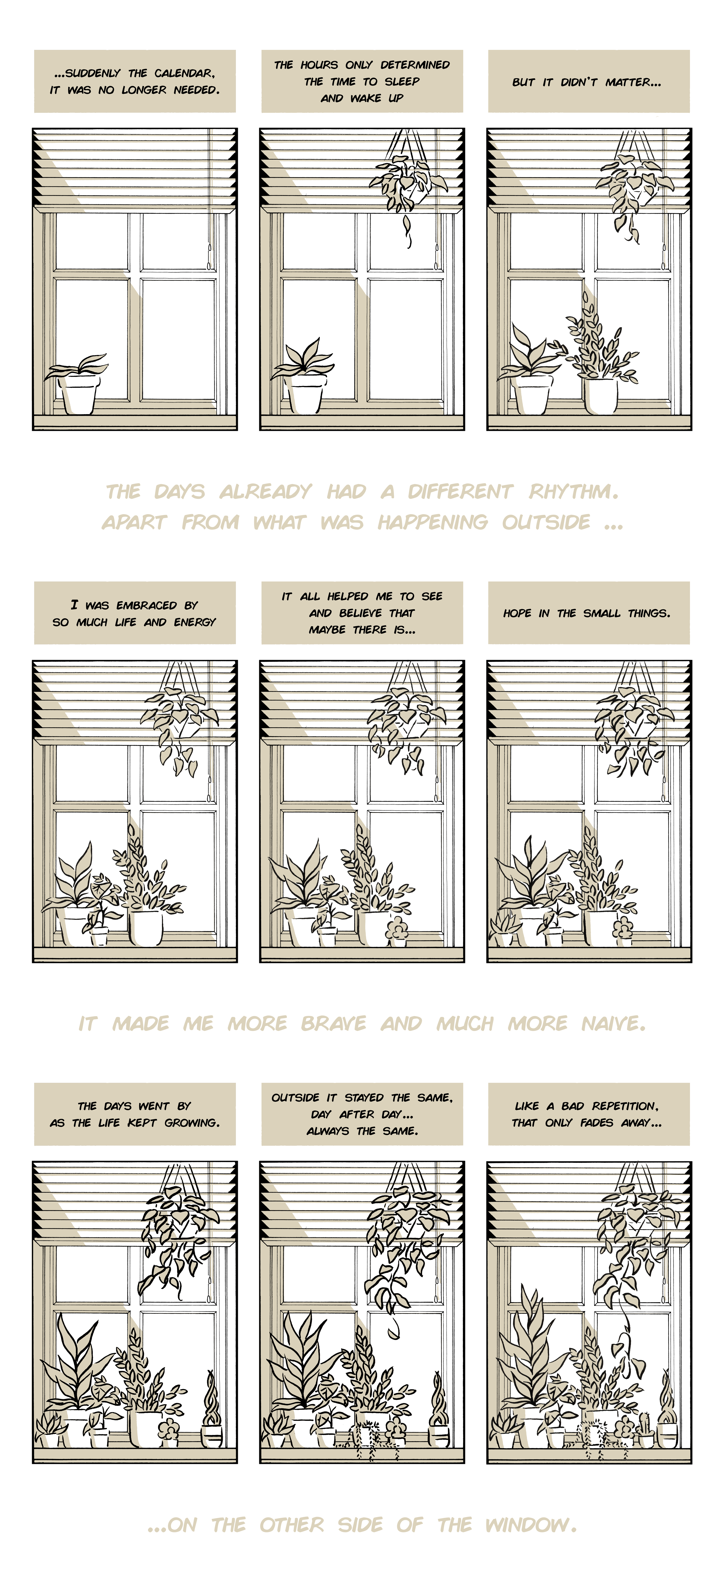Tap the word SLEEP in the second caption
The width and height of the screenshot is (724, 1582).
click(402, 81)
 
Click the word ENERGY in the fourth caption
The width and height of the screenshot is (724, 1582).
click(195, 622)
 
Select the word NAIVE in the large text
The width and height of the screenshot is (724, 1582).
click(613, 1023)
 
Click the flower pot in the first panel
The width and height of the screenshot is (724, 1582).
click(79, 394)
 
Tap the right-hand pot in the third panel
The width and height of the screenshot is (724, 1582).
click(601, 396)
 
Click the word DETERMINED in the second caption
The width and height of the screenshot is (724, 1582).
click(415, 65)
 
